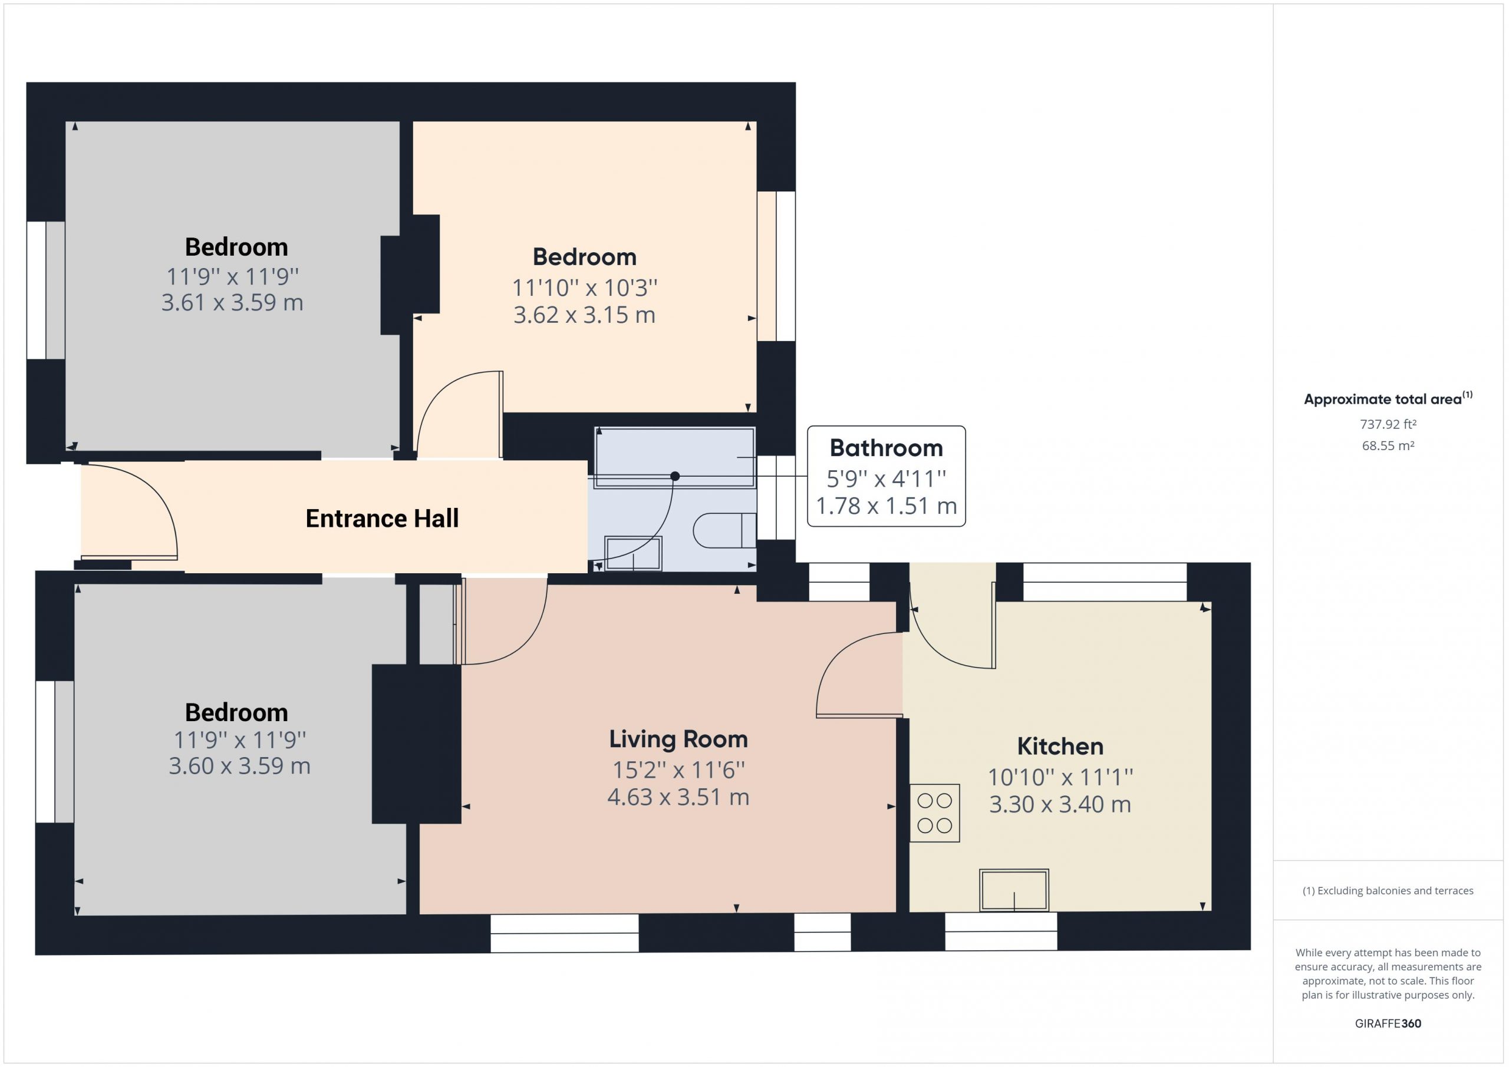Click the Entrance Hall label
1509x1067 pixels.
click(382, 518)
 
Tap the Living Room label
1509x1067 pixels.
click(678, 740)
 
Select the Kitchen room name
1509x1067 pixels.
click(1060, 746)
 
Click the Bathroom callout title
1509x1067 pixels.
click(886, 448)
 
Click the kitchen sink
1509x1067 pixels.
click(1014, 890)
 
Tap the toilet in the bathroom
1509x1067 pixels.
click(725, 530)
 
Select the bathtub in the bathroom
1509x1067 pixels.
click(674, 458)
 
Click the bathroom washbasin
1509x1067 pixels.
click(633, 553)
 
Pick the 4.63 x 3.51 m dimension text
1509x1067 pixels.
click(678, 797)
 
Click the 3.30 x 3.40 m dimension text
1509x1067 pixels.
click(1060, 804)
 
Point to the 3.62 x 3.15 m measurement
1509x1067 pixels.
click(584, 315)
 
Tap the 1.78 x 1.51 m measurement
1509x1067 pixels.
click(886, 506)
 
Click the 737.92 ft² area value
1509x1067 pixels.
click(1388, 424)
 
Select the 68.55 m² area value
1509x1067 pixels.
click(1388, 445)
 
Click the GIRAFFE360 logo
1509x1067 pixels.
click(1388, 1023)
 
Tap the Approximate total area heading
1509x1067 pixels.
click(1388, 398)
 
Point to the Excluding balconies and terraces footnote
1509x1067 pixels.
click(1388, 891)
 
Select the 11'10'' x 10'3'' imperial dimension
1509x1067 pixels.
click(584, 288)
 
